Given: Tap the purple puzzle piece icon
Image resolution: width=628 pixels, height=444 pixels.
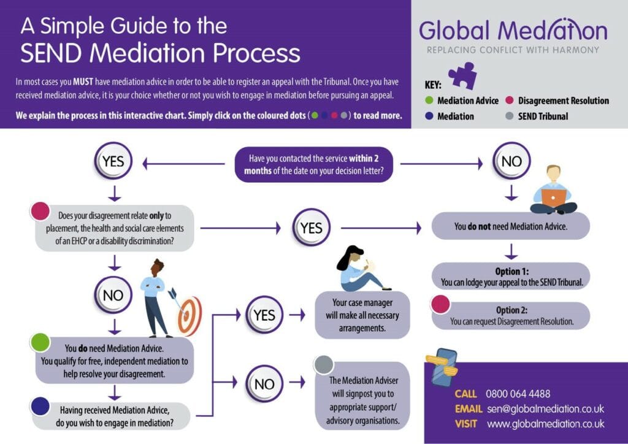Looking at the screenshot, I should coord(462,75).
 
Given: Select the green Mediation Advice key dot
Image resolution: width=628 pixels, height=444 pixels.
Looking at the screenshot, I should coord(429,101).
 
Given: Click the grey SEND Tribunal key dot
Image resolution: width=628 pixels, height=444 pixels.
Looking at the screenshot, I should coord(510,116).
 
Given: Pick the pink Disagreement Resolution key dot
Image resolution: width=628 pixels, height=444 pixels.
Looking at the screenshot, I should coord(510,101).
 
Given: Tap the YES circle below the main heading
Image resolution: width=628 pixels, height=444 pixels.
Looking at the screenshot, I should coord(113,162).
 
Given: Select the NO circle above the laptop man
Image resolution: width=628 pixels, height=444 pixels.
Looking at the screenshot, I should coord(511,161).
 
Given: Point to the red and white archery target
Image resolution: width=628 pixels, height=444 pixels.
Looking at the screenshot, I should coord(190,315).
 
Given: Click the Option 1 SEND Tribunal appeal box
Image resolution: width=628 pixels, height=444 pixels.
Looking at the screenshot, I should coord(511,277).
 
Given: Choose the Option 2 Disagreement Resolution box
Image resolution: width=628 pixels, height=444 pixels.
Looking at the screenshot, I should coord(511,316).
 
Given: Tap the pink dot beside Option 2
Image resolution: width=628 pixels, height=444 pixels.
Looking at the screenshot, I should coord(440,304).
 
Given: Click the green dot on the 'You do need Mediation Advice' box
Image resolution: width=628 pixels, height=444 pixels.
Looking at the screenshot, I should coord(40,342).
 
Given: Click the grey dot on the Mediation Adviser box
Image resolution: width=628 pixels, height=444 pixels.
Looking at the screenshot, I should coord(324,364).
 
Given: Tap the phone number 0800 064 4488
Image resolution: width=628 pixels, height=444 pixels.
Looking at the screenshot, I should coord(518,394).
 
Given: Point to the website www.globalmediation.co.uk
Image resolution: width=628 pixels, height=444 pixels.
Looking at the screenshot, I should coord(546,424).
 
